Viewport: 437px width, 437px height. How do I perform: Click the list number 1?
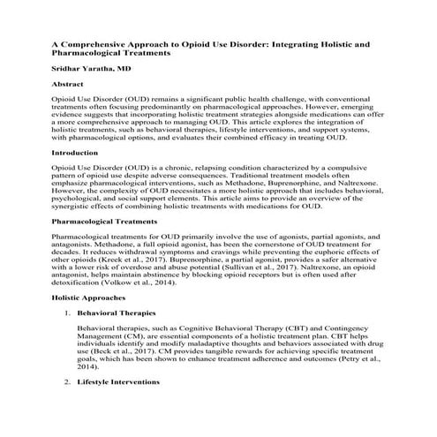67,313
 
